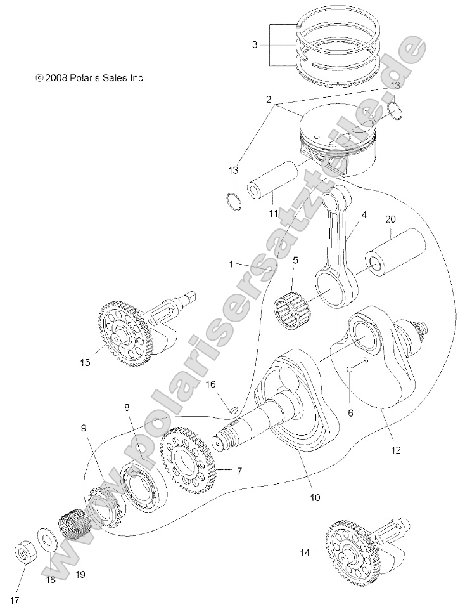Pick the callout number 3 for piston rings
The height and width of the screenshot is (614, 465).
(254, 45)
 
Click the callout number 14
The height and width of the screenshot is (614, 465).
(305, 552)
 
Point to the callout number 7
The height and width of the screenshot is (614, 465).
(239, 471)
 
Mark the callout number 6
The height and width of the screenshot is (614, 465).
(350, 413)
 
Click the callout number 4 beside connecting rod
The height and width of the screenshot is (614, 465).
(364, 215)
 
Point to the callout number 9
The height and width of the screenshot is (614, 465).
(83, 428)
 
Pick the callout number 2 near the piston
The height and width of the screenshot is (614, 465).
(269, 100)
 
